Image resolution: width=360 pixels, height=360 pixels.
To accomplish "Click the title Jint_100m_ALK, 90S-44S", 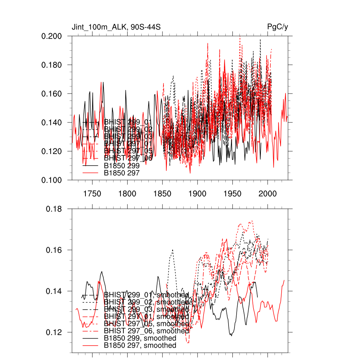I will pos(116,27).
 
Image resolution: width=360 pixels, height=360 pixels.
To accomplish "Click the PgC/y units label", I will pos(278,27).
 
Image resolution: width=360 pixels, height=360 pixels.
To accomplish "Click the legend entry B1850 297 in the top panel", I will pos(122,173).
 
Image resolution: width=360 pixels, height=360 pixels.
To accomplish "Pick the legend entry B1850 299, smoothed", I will pos(140,338).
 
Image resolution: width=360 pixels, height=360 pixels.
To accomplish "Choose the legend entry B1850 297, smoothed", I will pos(140,346).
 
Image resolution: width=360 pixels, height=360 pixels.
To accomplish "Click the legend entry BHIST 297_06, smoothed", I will pos(146,331).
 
